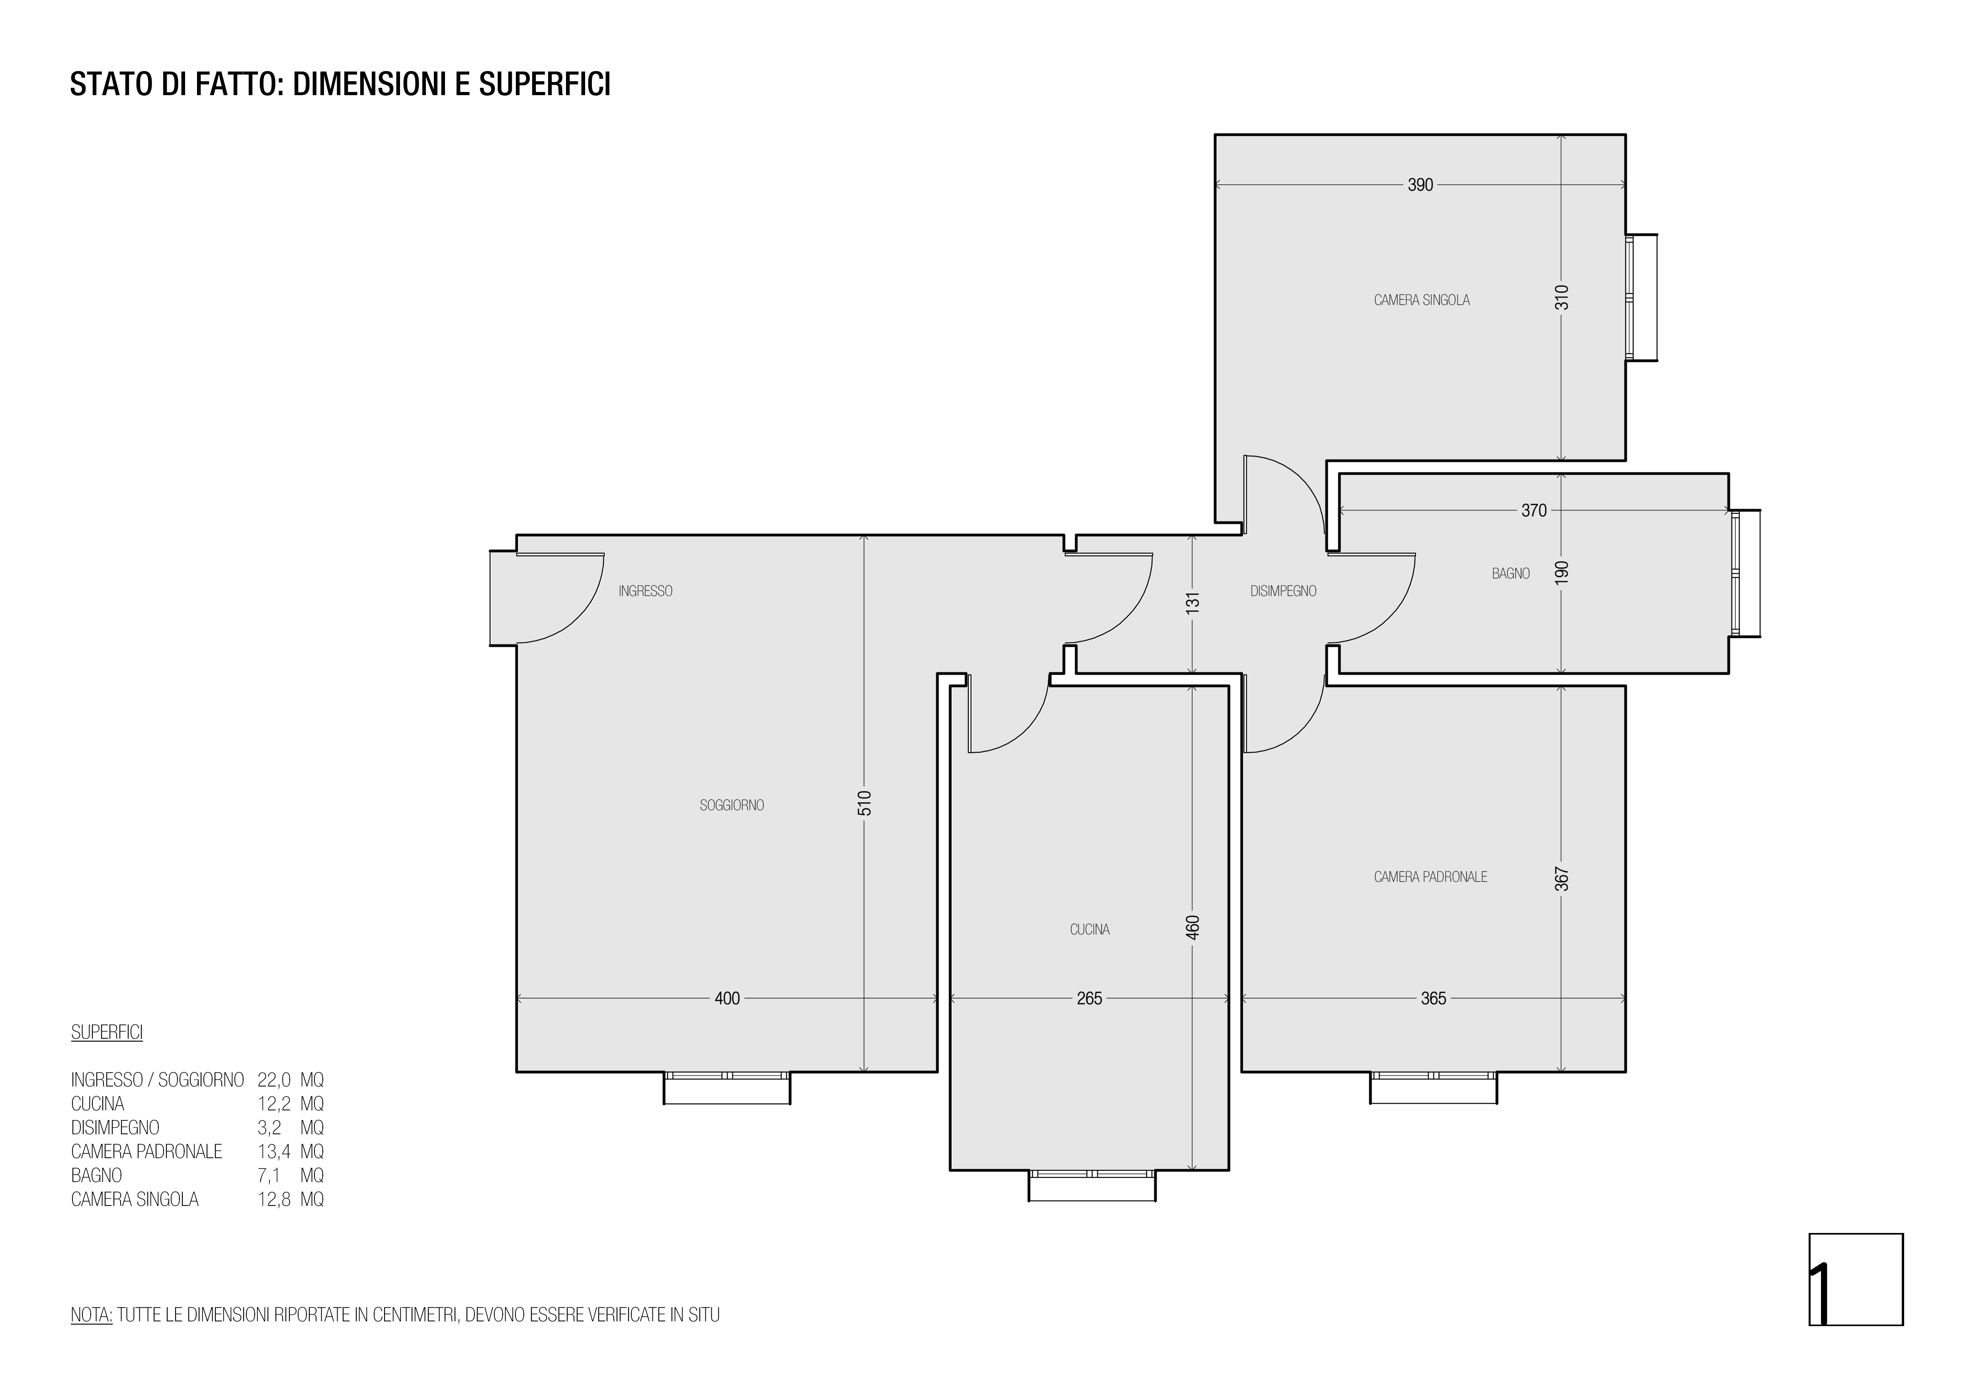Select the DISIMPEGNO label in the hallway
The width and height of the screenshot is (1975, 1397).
(x=1283, y=591)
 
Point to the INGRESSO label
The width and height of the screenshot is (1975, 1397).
(x=645, y=591)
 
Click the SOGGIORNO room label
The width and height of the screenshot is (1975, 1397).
(x=732, y=805)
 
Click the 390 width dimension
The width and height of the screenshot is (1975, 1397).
(x=1420, y=185)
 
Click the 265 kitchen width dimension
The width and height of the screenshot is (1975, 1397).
(x=1089, y=999)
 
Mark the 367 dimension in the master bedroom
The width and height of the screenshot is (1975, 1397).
(x=1563, y=878)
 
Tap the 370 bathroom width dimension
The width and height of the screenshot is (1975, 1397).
(x=1534, y=511)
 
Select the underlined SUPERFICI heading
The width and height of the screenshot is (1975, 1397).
(x=107, y=1032)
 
